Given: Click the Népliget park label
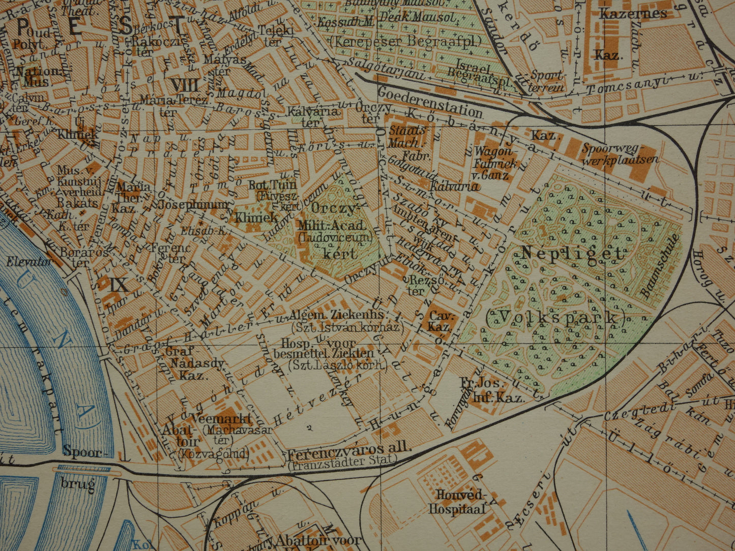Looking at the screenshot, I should pos(572,253).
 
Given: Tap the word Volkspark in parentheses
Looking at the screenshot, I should pos(555,318).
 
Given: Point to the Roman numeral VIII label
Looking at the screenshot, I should pos(184,84).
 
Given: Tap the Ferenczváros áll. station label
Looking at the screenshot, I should pos(349,448).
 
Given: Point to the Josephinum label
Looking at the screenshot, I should pos(193,205).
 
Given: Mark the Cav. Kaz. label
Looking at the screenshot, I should pos(439,321).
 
